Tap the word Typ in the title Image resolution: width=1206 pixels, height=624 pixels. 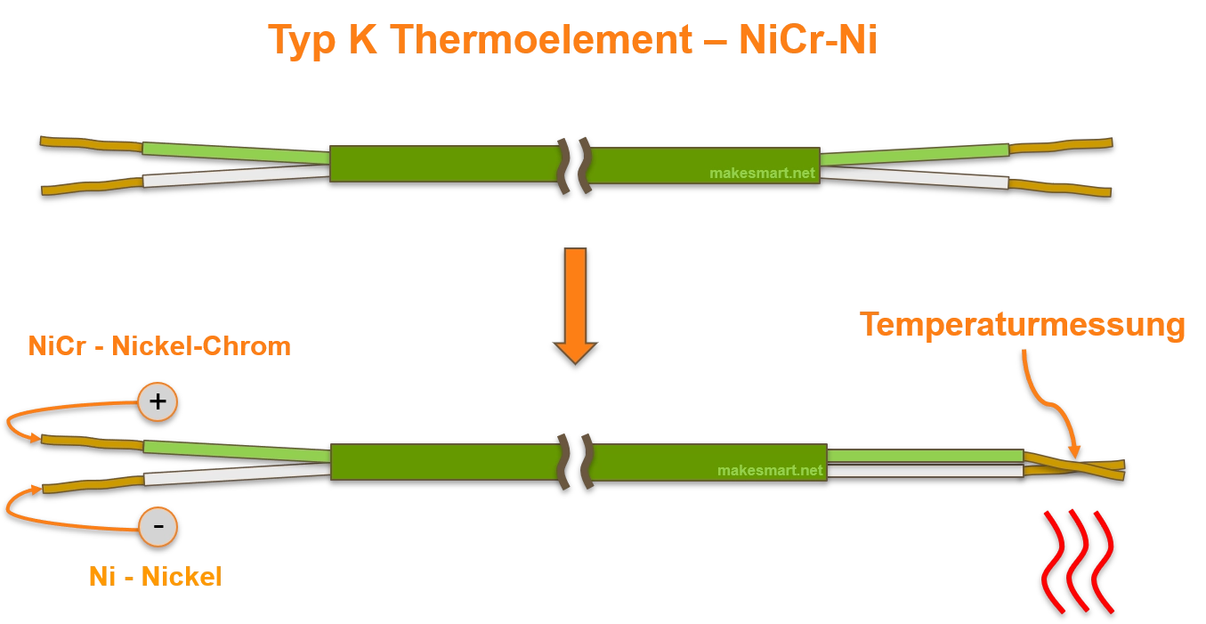point(299,40)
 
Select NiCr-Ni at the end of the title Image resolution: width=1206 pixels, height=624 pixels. point(807,39)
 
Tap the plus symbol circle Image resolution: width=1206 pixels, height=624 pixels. point(158,401)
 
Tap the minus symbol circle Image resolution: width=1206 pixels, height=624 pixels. point(158,527)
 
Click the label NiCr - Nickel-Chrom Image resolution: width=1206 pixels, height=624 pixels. point(159,345)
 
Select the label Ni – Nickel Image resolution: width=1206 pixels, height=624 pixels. point(153,577)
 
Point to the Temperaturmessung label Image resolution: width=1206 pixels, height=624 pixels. point(1023,326)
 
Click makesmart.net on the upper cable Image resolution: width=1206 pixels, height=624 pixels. point(762,174)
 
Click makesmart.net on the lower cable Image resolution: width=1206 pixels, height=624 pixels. point(770,470)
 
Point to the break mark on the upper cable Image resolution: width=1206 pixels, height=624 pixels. point(575,165)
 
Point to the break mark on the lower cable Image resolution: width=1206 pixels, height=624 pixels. point(575,461)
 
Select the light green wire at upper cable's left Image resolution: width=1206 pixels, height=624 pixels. point(236,153)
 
